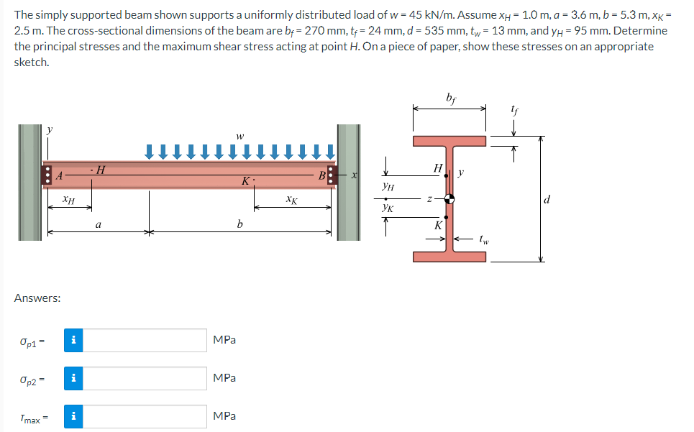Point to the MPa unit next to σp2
coord(224,378)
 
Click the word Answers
coord(37,298)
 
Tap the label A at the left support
coord(60,175)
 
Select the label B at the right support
coord(324,175)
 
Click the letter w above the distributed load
coord(240,134)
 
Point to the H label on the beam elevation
coord(100,170)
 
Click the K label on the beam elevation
coord(245,181)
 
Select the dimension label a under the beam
coord(99,225)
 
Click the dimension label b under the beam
coord(240,225)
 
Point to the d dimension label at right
coord(548,199)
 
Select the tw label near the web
coord(486,240)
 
